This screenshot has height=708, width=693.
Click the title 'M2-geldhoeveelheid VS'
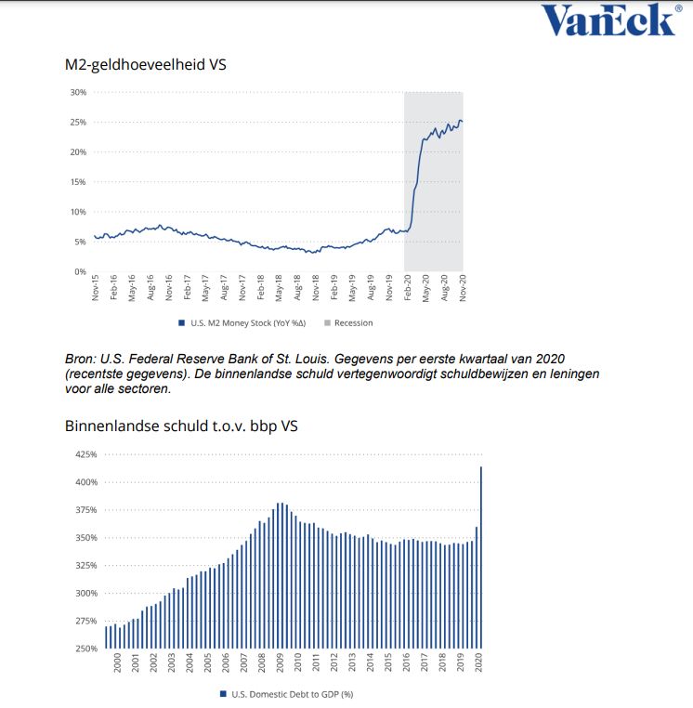pos(146,65)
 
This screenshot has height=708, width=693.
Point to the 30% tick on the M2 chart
pos(78,92)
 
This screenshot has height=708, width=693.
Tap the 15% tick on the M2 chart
pos(78,181)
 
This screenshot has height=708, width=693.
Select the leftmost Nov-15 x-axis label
pos(96,291)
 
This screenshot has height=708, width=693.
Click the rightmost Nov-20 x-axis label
pos(462,291)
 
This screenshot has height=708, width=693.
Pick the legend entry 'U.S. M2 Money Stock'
pos(234,323)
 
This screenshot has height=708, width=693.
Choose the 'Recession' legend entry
pos(353,323)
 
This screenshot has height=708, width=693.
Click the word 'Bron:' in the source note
pos(82,359)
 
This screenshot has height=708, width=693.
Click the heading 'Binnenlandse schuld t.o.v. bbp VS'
pos(182,426)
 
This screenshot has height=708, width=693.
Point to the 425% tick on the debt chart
pos(84,454)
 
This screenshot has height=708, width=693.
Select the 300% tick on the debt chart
pos(84,593)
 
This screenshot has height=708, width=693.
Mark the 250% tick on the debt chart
pos(84,649)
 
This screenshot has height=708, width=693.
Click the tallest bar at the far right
pos(481,557)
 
